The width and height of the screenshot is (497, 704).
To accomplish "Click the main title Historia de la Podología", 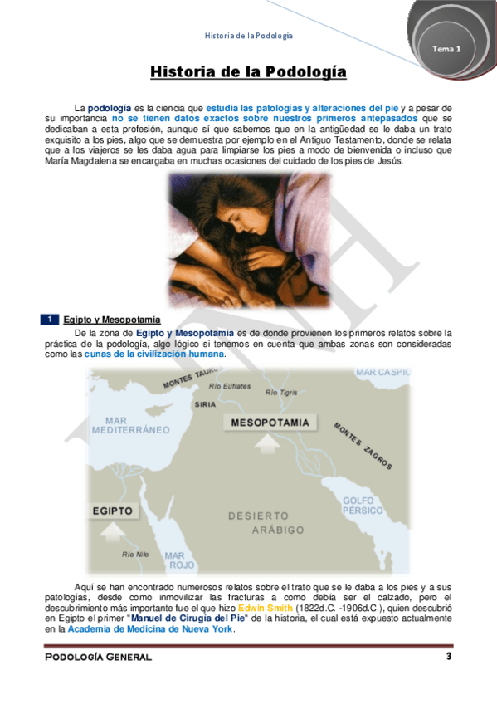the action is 248,72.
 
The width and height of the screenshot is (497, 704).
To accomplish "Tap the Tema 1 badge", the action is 446,49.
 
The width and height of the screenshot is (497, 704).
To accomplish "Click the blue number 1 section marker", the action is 50,320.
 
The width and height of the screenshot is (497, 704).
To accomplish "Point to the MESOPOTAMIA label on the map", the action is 270,423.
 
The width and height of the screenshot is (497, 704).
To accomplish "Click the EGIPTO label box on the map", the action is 114,512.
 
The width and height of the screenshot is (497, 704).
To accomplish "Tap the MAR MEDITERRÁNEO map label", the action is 131,425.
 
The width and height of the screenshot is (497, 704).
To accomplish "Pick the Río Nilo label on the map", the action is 134,554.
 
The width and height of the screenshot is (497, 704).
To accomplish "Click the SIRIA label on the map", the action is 205,404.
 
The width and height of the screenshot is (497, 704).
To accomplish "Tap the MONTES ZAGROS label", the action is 363,446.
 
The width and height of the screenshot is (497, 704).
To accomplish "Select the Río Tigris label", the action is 283,393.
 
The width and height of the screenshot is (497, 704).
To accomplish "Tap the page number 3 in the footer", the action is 448,658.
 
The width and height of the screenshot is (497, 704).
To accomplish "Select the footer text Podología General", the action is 99,658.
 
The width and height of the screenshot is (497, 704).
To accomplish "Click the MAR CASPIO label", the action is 382,373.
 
